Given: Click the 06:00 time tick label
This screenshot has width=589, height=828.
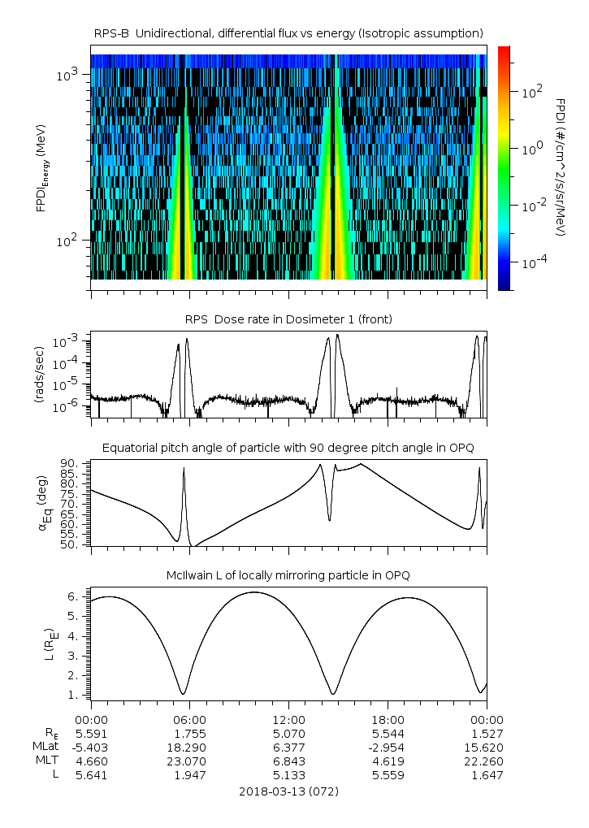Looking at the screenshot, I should [x=190, y=720].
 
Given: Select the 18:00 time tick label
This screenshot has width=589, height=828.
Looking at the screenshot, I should [x=388, y=720].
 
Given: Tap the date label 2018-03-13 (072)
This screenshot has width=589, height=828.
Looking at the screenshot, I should [x=288, y=791].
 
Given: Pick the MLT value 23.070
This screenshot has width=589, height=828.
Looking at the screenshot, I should [x=190, y=761].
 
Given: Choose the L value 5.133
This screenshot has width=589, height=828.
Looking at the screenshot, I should [x=288, y=775].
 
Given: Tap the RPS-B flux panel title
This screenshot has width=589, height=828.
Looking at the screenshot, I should [x=288, y=33].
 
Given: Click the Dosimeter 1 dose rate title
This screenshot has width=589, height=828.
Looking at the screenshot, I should [x=288, y=319].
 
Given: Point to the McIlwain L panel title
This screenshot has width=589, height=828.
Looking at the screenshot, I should [x=288, y=575].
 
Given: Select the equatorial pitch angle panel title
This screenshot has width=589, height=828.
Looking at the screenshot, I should [x=288, y=448].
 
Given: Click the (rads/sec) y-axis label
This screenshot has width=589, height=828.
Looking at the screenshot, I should [x=38, y=378].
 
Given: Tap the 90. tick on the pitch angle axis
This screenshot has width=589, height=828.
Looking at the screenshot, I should [x=69, y=463].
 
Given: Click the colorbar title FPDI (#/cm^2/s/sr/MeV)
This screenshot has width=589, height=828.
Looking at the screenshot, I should [x=561, y=167].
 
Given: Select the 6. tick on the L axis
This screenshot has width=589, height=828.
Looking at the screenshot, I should [x=71, y=596].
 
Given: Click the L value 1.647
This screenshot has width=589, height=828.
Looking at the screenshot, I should [x=486, y=775].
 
